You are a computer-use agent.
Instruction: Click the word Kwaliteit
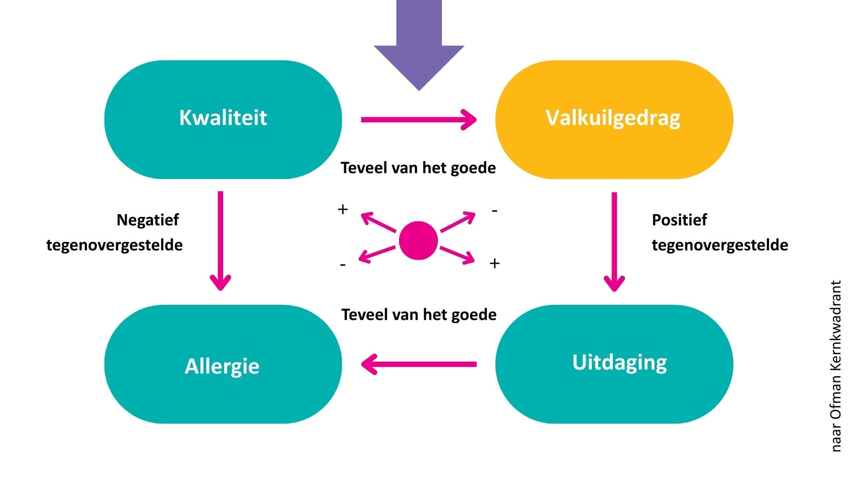223,117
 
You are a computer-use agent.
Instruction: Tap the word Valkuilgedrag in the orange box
613,118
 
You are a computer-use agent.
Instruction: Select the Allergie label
222,366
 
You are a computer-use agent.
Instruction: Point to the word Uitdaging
620,362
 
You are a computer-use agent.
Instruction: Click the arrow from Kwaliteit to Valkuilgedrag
418,120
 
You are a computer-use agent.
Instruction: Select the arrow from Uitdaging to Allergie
418,364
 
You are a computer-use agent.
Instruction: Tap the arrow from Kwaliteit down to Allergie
220,241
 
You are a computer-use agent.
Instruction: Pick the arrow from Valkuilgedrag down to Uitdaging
614,241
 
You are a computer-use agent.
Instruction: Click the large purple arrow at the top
419,45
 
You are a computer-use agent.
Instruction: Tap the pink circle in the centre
418,240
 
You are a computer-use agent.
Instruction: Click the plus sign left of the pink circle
343,209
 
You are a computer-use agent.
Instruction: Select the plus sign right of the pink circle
495,263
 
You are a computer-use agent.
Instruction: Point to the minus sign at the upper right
495,210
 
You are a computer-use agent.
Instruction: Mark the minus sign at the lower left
343,265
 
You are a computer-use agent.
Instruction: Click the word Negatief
147,220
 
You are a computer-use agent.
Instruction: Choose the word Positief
679,220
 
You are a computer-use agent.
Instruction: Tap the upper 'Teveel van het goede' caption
418,168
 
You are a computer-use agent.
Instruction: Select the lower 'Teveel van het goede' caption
419,315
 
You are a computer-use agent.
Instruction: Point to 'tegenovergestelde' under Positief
720,245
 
